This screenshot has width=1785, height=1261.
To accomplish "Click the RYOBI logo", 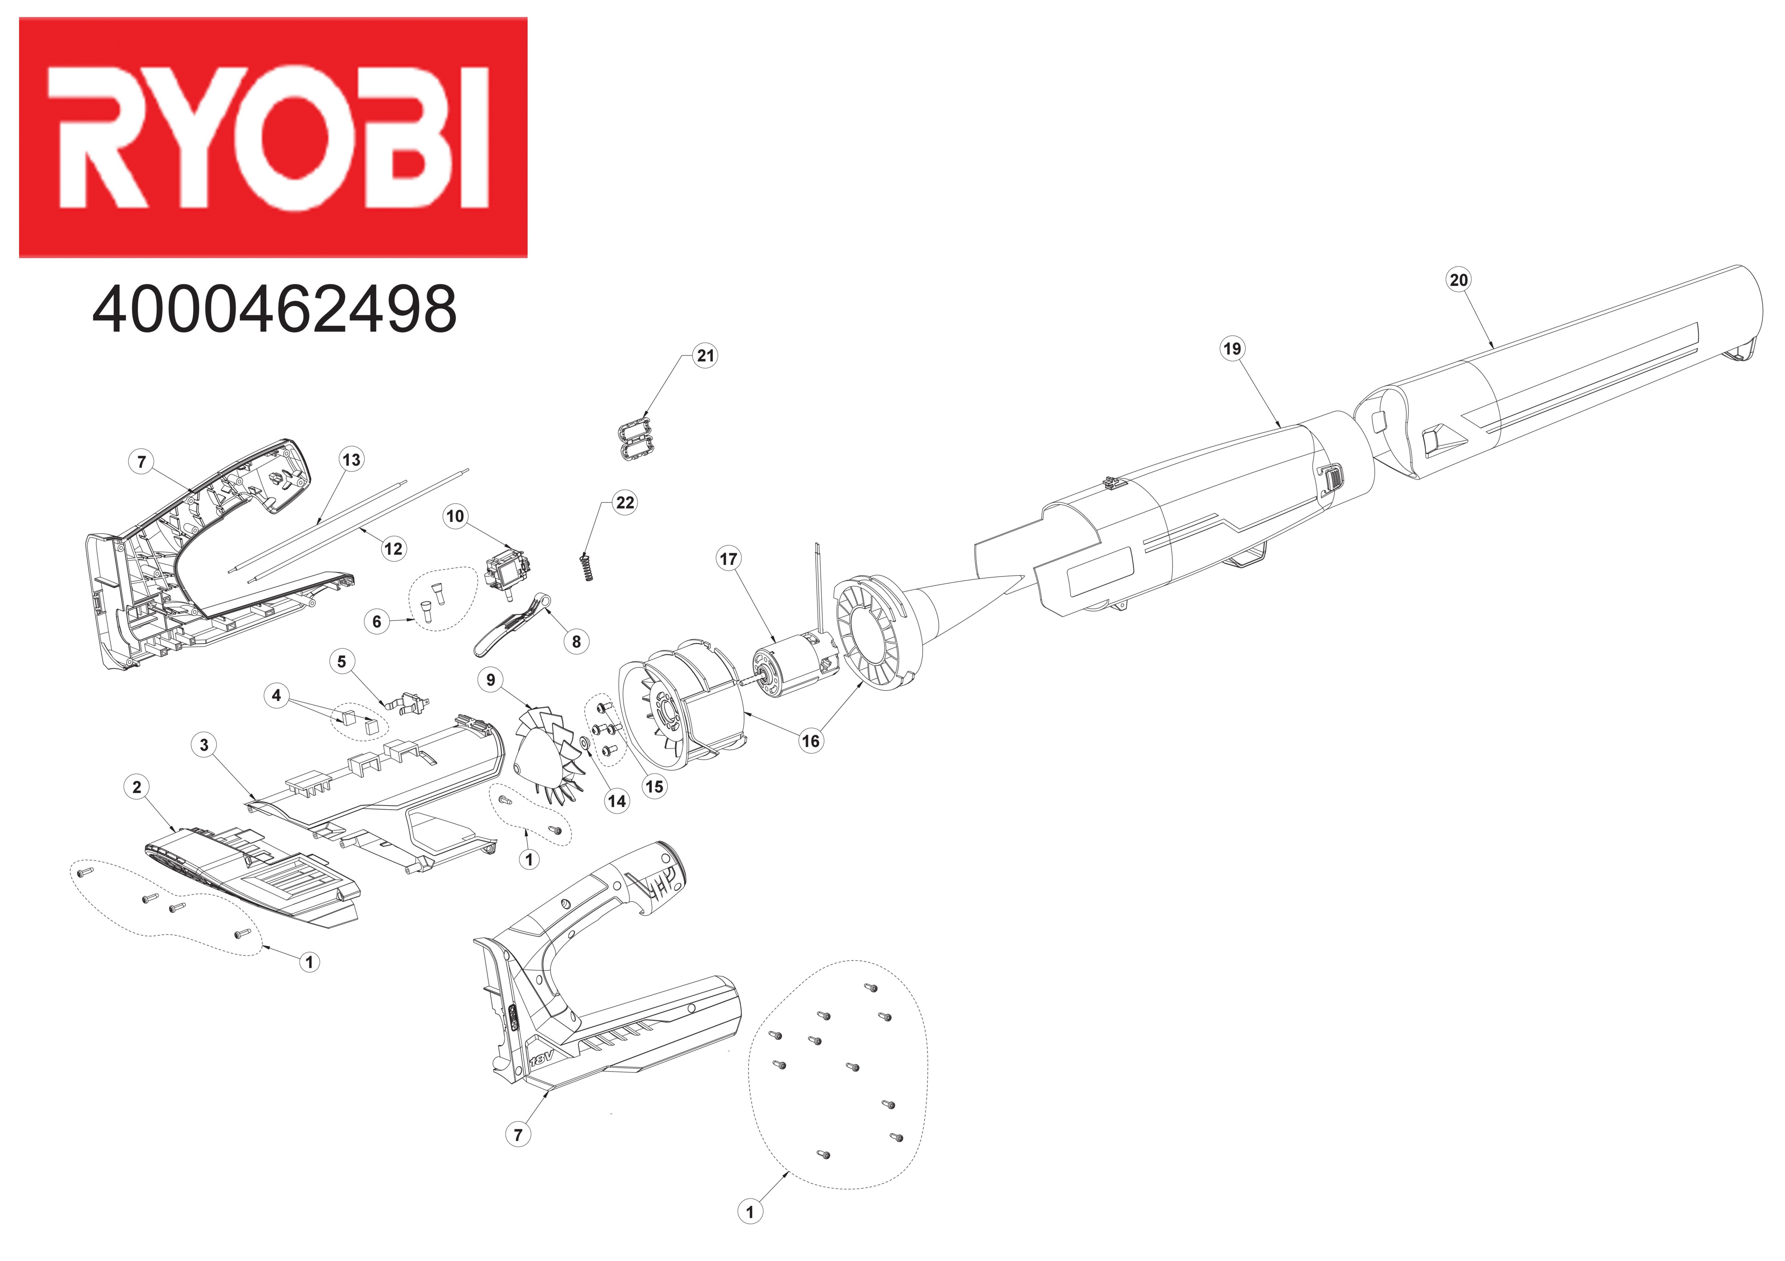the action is point(273,138).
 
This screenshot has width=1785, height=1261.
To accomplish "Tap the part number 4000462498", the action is point(274,309).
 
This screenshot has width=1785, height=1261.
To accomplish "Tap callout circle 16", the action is point(811,741).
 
